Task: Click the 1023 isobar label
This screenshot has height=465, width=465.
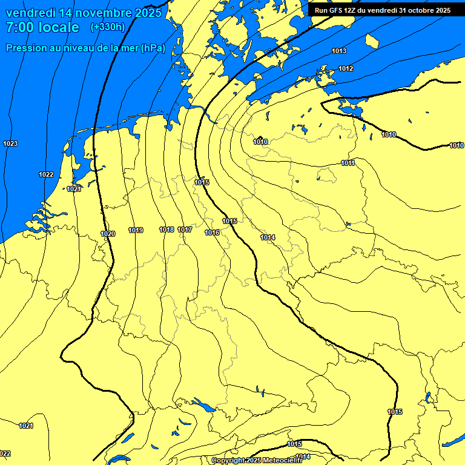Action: point(10,143)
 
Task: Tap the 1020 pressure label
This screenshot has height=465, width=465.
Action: point(108,234)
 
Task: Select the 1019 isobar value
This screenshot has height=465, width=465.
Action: point(136,230)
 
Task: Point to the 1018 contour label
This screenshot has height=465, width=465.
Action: point(167,230)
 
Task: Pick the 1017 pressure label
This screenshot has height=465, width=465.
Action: point(185,230)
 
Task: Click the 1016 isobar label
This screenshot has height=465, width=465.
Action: point(212,233)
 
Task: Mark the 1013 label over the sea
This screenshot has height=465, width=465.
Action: point(339,51)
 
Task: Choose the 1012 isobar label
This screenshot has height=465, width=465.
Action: point(346,68)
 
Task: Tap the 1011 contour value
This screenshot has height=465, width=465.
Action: point(348,163)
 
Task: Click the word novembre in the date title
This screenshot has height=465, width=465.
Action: point(101,13)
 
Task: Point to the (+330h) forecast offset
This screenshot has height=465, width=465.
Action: point(107,27)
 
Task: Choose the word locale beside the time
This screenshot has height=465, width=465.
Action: point(58,27)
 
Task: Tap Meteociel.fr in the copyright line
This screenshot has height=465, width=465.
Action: point(280,461)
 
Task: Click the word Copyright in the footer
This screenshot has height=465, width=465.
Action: point(228,461)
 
